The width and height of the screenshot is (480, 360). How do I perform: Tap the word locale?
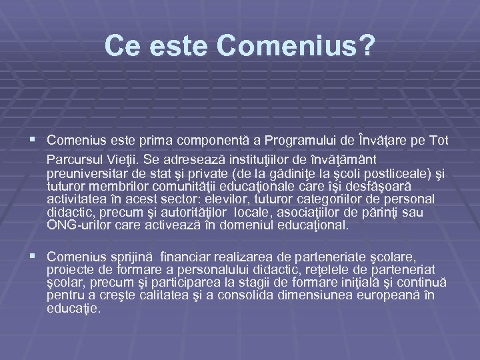tap(236, 212)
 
